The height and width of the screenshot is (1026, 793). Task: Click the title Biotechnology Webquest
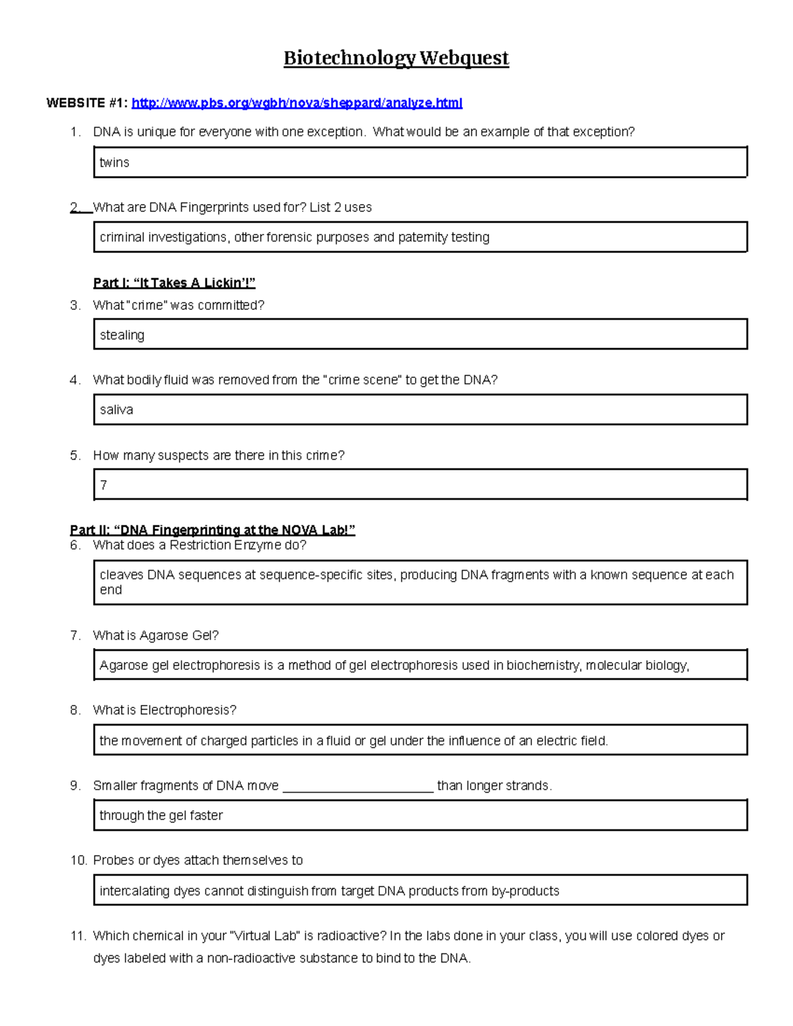point(396,58)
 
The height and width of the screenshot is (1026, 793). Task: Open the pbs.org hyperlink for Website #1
point(297,103)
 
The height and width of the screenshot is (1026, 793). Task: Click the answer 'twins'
point(114,163)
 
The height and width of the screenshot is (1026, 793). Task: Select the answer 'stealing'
point(122,335)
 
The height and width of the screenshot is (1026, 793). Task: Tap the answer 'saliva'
point(116,410)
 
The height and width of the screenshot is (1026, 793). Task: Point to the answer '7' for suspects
point(104,485)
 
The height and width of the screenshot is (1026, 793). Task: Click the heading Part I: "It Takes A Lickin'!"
point(174,283)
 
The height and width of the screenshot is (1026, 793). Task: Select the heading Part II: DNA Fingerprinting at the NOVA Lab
point(212,530)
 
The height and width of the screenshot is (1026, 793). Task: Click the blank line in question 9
point(358,786)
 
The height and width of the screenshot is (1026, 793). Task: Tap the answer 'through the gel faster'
point(161,815)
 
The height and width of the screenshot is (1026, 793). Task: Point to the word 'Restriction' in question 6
point(200,545)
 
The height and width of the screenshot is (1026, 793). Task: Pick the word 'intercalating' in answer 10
point(135,891)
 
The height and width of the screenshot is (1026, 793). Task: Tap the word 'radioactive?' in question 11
point(352,935)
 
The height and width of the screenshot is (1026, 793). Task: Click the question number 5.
point(75,455)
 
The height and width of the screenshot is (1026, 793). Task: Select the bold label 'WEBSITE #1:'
point(87,103)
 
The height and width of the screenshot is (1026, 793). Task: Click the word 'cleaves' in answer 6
point(122,575)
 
